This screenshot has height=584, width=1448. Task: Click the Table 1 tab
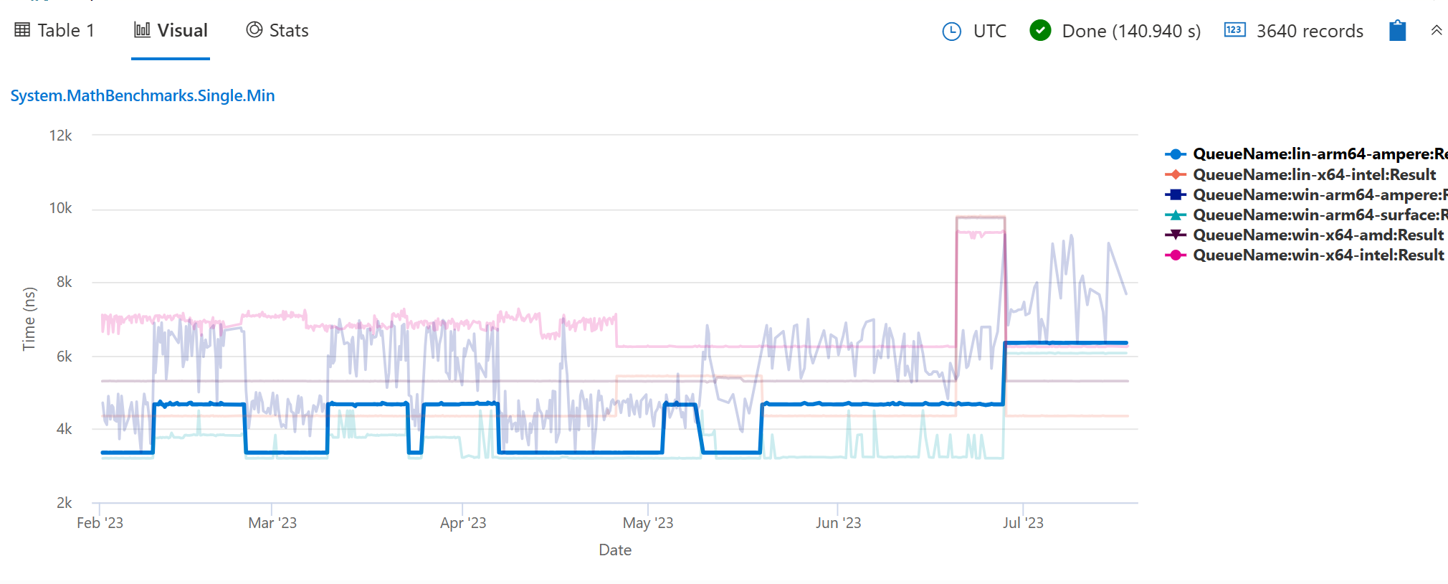[x=54, y=31]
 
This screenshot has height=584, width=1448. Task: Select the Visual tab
[x=171, y=31]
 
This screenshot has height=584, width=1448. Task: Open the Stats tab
[x=277, y=31]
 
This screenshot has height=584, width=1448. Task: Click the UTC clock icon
[x=951, y=32]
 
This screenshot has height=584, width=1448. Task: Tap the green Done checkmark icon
[x=1040, y=31]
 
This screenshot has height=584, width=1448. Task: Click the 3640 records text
[x=1309, y=32]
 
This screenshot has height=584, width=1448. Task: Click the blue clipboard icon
[x=1397, y=31]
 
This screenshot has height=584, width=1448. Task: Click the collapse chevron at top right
[x=1436, y=31]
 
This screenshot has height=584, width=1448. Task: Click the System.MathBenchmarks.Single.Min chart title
[x=143, y=96]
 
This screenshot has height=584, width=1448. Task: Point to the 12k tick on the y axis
[x=61, y=136]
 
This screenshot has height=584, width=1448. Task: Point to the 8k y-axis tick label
[x=65, y=282]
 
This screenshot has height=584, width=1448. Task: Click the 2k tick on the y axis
[x=65, y=503]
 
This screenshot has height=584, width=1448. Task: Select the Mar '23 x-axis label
[x=272, y=523]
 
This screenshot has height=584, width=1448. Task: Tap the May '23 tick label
[x=648, y=523]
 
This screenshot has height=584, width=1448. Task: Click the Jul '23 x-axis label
[x=1023, y=523]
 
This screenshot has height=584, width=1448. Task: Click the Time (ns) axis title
[x=29, y=319]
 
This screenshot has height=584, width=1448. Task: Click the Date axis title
[x=615, y=550]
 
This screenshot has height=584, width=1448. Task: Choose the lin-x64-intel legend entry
[x=1314, y=175]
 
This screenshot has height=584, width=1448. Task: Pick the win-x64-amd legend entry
[x=1318, y=235]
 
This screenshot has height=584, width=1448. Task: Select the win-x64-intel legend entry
[x=1318, y=255]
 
